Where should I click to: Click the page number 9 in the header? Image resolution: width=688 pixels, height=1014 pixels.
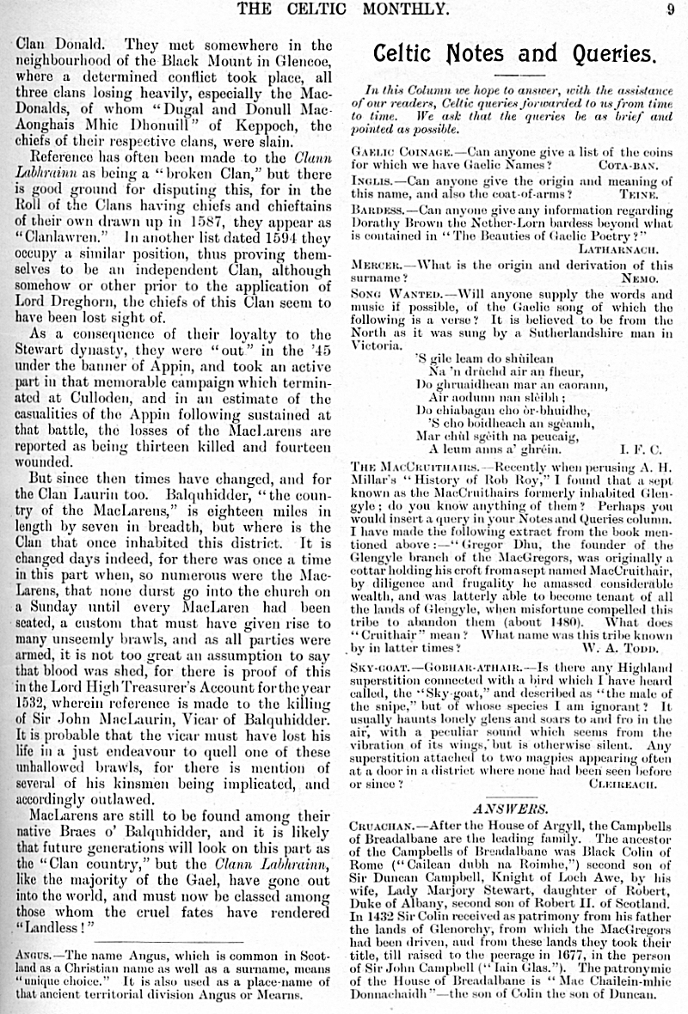[x=669, y=9]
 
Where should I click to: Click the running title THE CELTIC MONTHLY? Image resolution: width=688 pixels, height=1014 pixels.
[x=343, y=9]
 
